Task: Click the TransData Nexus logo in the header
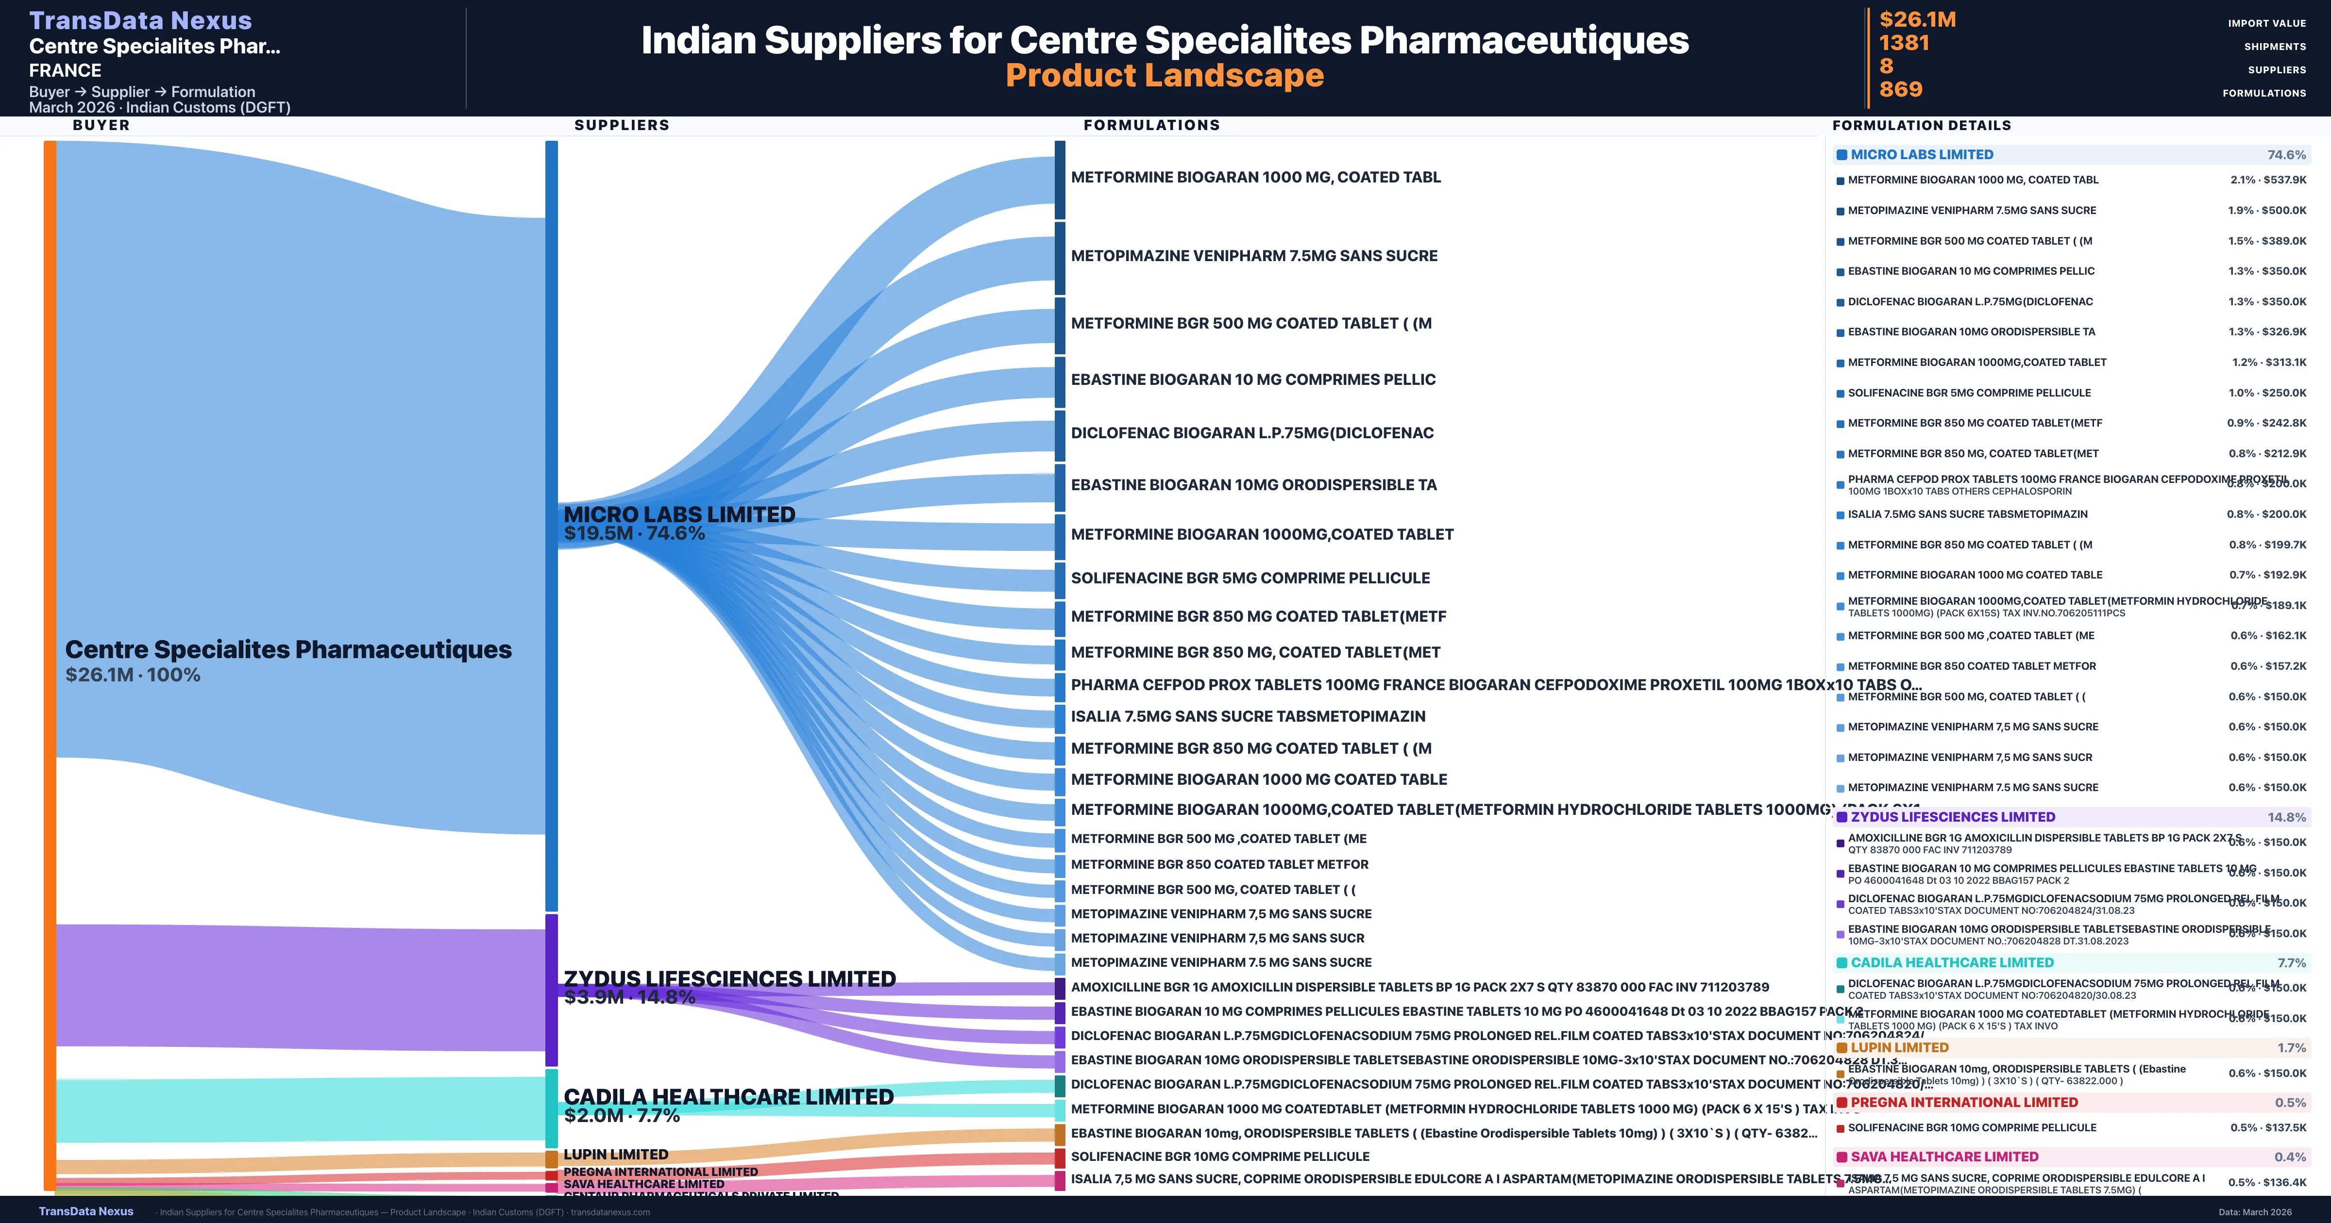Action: point(140,20)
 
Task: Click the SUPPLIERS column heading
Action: point(622,125)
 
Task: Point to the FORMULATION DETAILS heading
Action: point(1921,125)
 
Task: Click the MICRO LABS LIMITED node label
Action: point(679,514)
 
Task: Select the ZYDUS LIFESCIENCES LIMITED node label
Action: point(729,979)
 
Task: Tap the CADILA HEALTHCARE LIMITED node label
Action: point(728,1096)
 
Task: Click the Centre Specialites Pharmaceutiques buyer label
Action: point(288,649)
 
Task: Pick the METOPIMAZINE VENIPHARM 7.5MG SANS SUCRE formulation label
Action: point(1253,256)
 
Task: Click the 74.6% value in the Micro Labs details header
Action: point(2286,155)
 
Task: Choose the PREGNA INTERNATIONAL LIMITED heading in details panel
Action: point(1963,1102)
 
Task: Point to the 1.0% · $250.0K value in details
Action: point(2268,393)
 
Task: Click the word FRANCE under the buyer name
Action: point(65,70)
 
